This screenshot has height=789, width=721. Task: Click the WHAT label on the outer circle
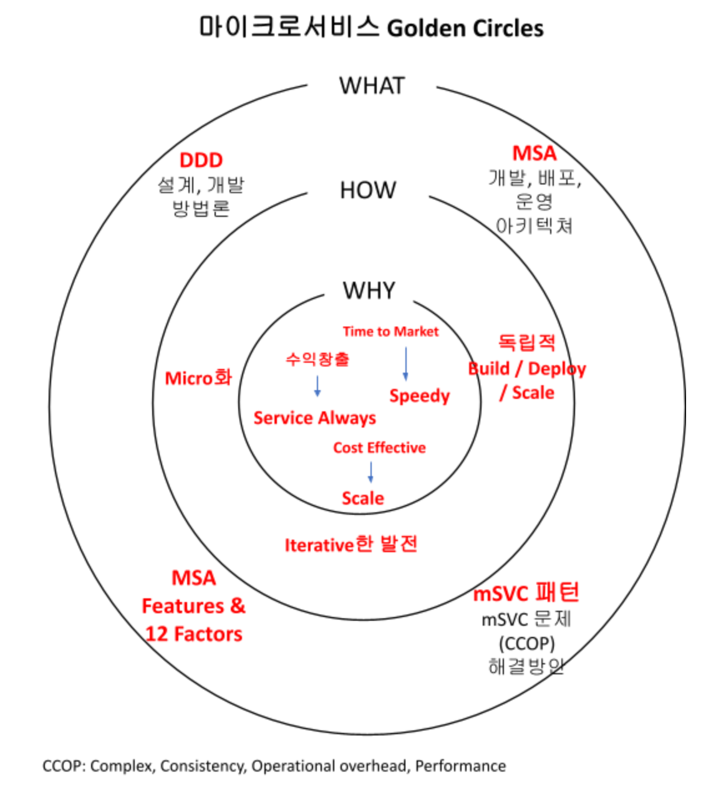(x=372, y=86)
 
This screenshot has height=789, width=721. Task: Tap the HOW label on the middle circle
(x=368, y=190)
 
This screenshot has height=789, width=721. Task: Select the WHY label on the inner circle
(x=369, y=290)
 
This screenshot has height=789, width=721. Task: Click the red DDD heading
(x=201, y=160)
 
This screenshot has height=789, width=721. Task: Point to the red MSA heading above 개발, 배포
(x=535, y=153)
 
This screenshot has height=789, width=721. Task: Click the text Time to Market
(x=390, y=332)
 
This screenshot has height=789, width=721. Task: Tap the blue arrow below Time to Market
(x=405, y=363)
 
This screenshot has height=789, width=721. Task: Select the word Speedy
(x=419, y=396)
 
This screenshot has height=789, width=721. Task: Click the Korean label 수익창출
(x=317, y=359)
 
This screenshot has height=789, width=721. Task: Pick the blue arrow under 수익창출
(x=317, y=386)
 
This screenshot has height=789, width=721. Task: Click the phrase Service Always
(x=314, y=418)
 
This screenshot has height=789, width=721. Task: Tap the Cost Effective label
(x=379, y=447)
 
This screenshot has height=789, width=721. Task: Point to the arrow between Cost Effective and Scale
(x=370, y=472)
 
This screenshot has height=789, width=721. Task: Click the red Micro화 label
(x=198, y=378)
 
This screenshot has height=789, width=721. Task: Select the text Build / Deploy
(x=527, y=368)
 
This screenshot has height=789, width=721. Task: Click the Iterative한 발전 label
(x=351, y=545)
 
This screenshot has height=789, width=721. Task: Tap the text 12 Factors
(x=193, y=634)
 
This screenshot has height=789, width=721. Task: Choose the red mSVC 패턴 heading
(x=526, y=593)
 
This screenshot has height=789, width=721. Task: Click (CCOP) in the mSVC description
(x=526, y=643)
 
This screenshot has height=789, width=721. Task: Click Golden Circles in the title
(x=465, y=28)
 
